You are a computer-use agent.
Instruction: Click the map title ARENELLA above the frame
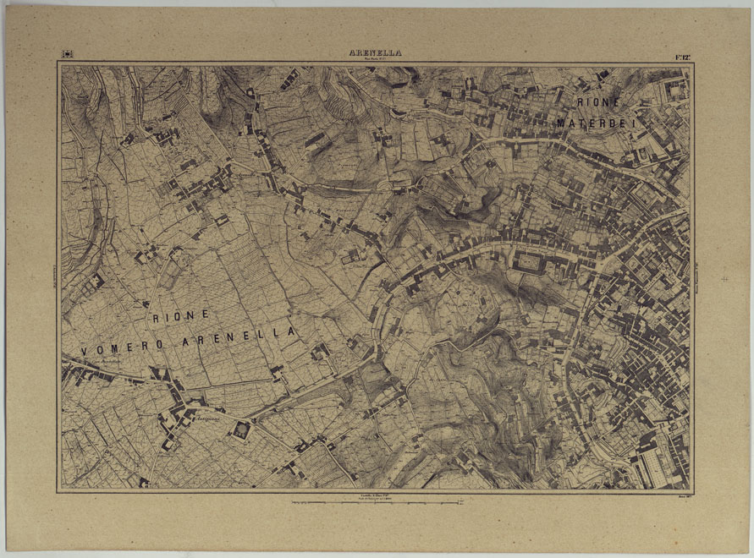pos(375,52)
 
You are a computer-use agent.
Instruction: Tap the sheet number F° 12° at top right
pos(683,55)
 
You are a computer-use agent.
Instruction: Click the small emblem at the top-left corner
pos(67,55)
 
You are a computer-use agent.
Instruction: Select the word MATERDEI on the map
pos(602,123)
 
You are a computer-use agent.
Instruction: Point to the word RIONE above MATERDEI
pos(599,102)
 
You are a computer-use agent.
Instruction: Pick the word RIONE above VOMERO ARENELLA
pos(180,315)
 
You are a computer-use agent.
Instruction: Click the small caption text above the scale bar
pos(376,495)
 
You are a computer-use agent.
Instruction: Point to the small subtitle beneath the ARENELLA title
pos(375,60)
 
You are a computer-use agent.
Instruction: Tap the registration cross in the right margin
pos(724,278)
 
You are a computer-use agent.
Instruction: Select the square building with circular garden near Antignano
pos(241,431)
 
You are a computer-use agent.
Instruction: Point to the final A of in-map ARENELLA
pos(292,331)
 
